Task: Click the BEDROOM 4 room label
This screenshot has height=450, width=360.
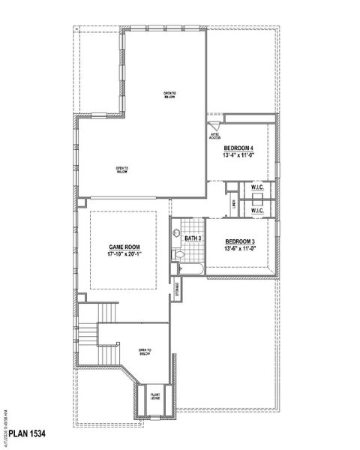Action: click(239, 148)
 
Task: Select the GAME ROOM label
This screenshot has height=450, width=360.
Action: click(123, 247)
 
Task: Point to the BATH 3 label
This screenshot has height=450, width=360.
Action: click(193, 238)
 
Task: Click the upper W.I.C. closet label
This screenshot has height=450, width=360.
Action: click(257, 187)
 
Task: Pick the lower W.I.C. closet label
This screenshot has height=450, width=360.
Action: click(257, 211)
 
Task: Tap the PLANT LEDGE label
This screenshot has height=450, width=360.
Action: click(155, 396)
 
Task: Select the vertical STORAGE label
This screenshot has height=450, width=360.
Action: click(177, 289)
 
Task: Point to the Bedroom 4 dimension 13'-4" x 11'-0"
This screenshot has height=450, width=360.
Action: click(239, 155)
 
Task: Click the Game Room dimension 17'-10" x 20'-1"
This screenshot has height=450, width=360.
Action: click(123, 254)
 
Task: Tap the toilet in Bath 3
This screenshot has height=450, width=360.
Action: click(179, 256)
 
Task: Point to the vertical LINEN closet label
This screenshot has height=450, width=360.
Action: click(235, 203)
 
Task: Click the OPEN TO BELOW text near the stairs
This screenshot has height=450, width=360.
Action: click(145, 352)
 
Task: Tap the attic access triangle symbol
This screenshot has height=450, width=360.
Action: click(211, 127)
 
